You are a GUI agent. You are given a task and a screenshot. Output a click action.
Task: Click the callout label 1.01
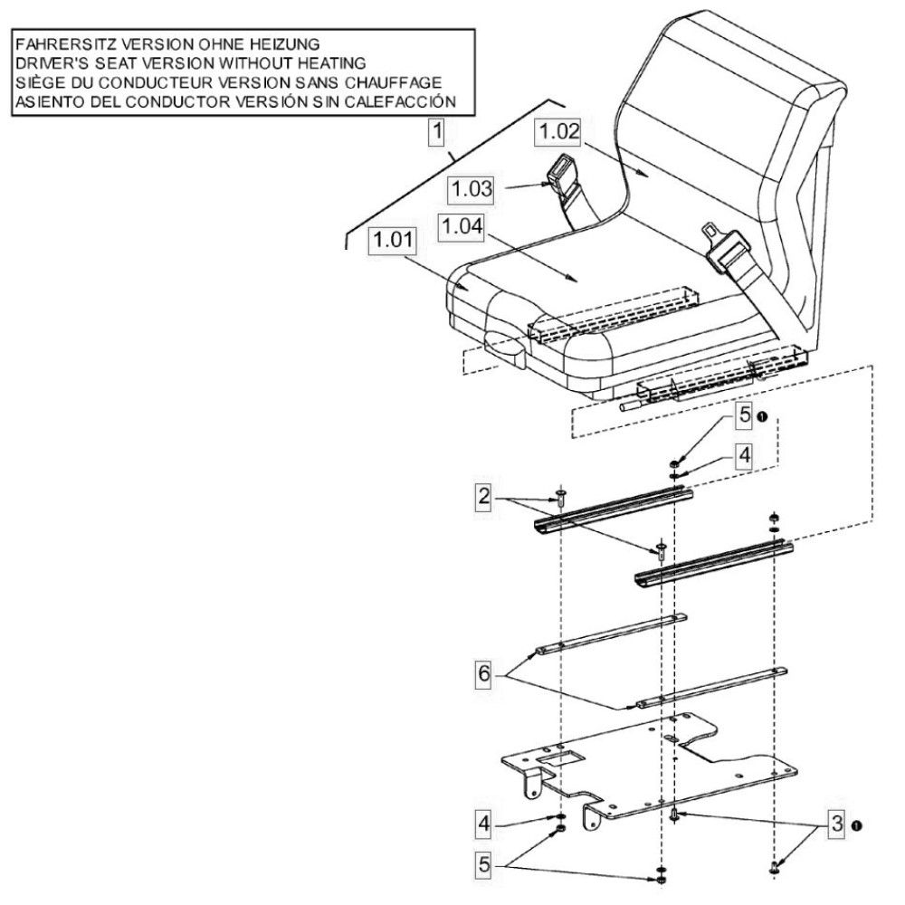393,240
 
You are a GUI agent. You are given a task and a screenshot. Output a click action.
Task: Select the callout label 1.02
558,131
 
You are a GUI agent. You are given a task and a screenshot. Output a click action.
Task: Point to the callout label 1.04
462,226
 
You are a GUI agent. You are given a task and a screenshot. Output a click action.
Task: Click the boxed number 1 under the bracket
437,131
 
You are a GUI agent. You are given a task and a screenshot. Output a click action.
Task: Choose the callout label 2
483,496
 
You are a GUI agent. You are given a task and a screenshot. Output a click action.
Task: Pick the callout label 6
483,673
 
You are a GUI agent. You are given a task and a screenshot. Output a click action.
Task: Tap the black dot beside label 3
856,826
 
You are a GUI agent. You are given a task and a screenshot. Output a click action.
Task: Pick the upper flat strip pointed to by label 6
611,633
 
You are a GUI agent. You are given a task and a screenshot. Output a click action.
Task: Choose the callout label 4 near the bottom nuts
483,823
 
